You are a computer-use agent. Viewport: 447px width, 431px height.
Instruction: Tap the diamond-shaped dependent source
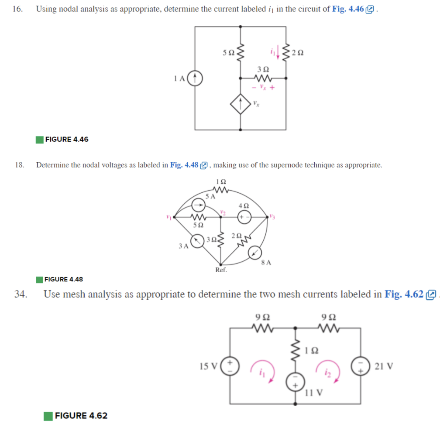click(241, 105)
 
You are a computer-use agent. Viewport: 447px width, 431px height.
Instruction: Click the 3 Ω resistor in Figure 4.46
click(263, 79)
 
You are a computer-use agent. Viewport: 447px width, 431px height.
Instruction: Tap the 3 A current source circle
click(198, 241)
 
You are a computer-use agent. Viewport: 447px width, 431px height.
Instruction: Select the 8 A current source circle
click(255, 253)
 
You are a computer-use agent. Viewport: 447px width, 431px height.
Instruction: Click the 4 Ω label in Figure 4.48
click(244, 205)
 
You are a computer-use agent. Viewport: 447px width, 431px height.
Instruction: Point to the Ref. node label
click(221, 270)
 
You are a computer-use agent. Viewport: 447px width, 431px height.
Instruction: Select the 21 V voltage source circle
click(361, 366)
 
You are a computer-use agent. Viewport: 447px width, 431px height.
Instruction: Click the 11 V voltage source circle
click(295, 382)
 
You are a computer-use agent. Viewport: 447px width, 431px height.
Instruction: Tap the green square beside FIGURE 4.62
click(48, 416)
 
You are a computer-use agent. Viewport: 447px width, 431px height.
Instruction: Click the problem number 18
click(19, 165)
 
